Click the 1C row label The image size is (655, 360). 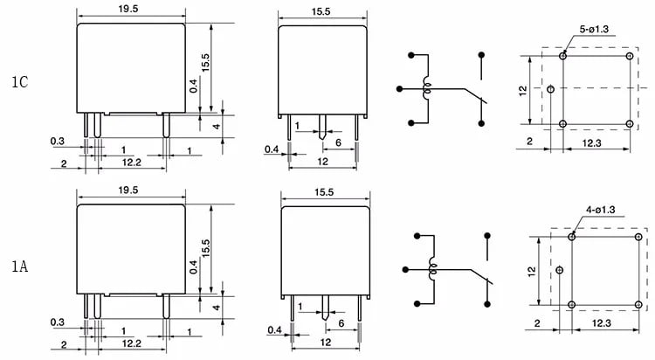point(19,81)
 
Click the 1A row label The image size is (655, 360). point(19,266)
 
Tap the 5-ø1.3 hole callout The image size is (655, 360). point(594,29)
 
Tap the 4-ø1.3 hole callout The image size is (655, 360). point(600,210)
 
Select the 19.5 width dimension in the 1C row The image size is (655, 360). point(128,9)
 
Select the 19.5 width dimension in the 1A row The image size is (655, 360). point(128,190)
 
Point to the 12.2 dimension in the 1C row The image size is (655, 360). point(132,163)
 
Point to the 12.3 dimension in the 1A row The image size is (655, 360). point(601,323)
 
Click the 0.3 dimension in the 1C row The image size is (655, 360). point(58,142)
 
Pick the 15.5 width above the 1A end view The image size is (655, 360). point(324,192)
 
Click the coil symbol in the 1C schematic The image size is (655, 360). point(427,88)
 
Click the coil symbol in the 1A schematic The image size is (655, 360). point(432,270)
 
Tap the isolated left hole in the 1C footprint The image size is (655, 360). point(550,89)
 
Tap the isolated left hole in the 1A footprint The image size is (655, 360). point(560,270)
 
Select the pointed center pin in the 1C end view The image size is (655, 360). point(322,127)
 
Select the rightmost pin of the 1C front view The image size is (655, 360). point(166,125)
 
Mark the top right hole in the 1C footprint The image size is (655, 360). point(630,56)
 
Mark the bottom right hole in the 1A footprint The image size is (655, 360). point(638,304)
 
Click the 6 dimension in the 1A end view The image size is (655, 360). point(341,323)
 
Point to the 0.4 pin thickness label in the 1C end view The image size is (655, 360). point(272,149)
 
